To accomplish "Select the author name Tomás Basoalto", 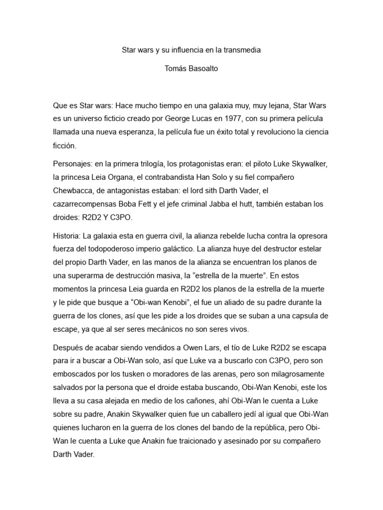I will coord(191,69).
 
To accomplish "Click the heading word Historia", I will coord(67,235).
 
